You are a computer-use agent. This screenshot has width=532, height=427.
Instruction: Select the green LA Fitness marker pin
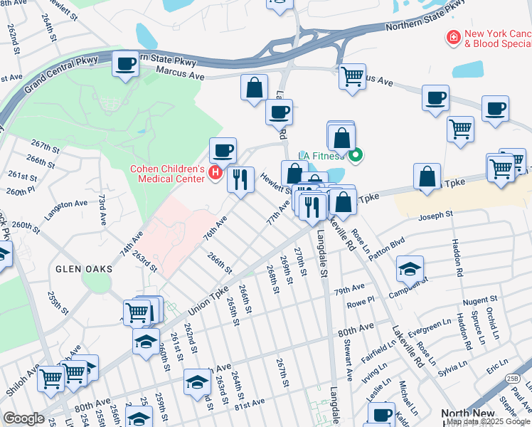pos(357,154)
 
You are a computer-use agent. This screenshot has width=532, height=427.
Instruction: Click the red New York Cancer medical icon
pos(452,36)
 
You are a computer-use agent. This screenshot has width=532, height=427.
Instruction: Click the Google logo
pos(23,418)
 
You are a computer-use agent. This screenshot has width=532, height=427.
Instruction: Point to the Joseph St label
pos(435,215)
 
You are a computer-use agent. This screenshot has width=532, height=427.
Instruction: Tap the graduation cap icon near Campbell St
pos(410,268)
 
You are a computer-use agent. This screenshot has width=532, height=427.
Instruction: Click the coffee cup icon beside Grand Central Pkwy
pos(126,64)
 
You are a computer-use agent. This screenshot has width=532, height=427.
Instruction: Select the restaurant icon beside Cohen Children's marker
pos(240,179)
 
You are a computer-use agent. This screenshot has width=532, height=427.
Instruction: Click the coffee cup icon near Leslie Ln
pos(382,414)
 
